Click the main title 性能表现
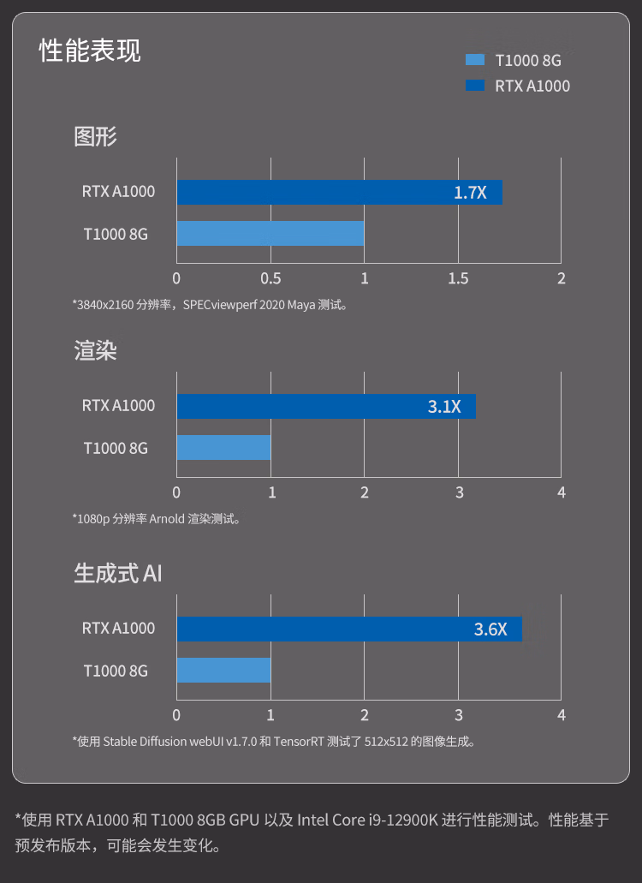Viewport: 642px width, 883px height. point(90,51)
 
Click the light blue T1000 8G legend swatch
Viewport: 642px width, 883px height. point(475,60)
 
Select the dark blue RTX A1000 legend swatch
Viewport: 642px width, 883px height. point(475,85)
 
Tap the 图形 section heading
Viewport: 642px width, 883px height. point(95,136)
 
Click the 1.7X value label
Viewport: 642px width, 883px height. point(470,193)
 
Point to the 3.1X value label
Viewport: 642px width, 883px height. point(444,407)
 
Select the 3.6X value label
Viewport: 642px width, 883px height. point(490,629)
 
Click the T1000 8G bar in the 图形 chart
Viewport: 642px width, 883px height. point(270,233)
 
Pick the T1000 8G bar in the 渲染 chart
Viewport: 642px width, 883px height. point(224,447)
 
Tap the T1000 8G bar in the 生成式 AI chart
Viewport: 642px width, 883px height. point(224,670)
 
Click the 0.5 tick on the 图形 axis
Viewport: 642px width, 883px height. point(270,278)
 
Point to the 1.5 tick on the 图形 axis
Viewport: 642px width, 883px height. point(458,278)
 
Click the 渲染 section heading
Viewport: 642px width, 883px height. point(95,350)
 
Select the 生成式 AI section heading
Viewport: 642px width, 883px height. point(117,573)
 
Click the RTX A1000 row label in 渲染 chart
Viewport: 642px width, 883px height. point(118,405)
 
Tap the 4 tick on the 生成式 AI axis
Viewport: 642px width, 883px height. point(561,715)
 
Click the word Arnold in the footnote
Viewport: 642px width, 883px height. point(167,519)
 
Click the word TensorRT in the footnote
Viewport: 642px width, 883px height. point(299,742)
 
